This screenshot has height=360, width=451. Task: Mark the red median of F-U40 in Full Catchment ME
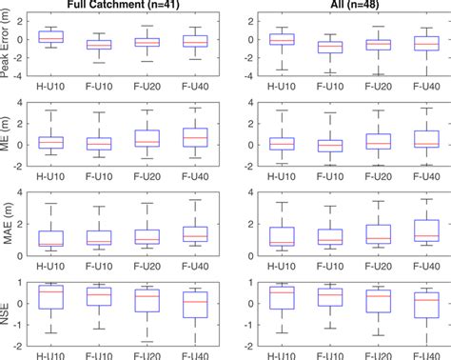coord(195,138)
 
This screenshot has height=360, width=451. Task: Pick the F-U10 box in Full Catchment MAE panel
coord(99,238)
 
